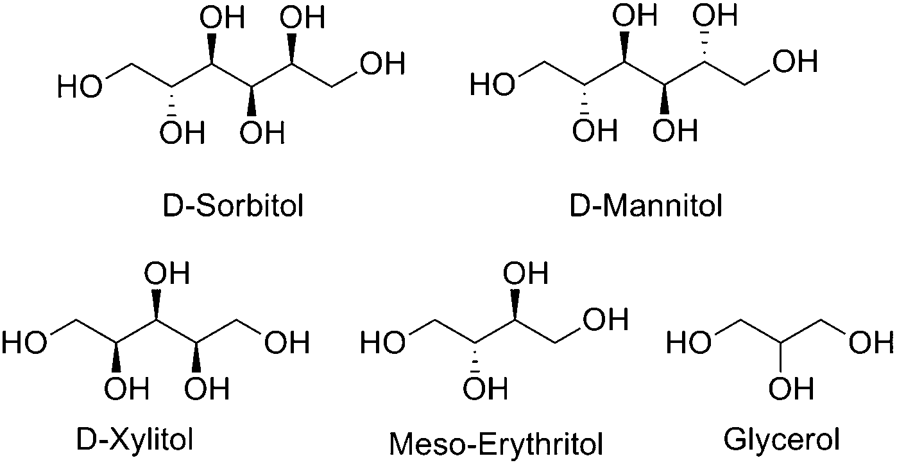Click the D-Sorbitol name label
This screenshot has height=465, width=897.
pyautogui.click(x=233, y=206)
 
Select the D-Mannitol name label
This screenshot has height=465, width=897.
pyautogui.click(x=646, y=206)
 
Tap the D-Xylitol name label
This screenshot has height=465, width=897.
pyautogui.click(x=135, y=440)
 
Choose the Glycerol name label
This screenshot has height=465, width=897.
pyautogui.click(x=782, y=440)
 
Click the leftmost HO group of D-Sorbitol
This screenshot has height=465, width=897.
pyautogui.click(x=80, y=86)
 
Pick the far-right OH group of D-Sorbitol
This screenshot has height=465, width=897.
pyautogui.click(x=382, y=64)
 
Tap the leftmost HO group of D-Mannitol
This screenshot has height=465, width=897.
pyautogui.click(x=492, y=85)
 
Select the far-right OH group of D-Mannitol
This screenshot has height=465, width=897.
pyautogui.click(x=795, y=61)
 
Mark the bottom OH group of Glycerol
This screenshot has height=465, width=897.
pyautogui.click(x=791, y=388)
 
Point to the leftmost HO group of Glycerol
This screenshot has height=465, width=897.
pyautogui.click(x=688, y=343)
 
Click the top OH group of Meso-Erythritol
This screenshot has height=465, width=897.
pyautogui.click(x=525, y=272)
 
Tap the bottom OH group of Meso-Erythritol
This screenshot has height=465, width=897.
pyautogui.click(x=485, y=388)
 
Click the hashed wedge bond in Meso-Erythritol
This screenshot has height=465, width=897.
pyautogui.click(x=475, y=357)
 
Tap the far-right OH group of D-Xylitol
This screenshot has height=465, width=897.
pyautogui.click(x=287, y=343)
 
